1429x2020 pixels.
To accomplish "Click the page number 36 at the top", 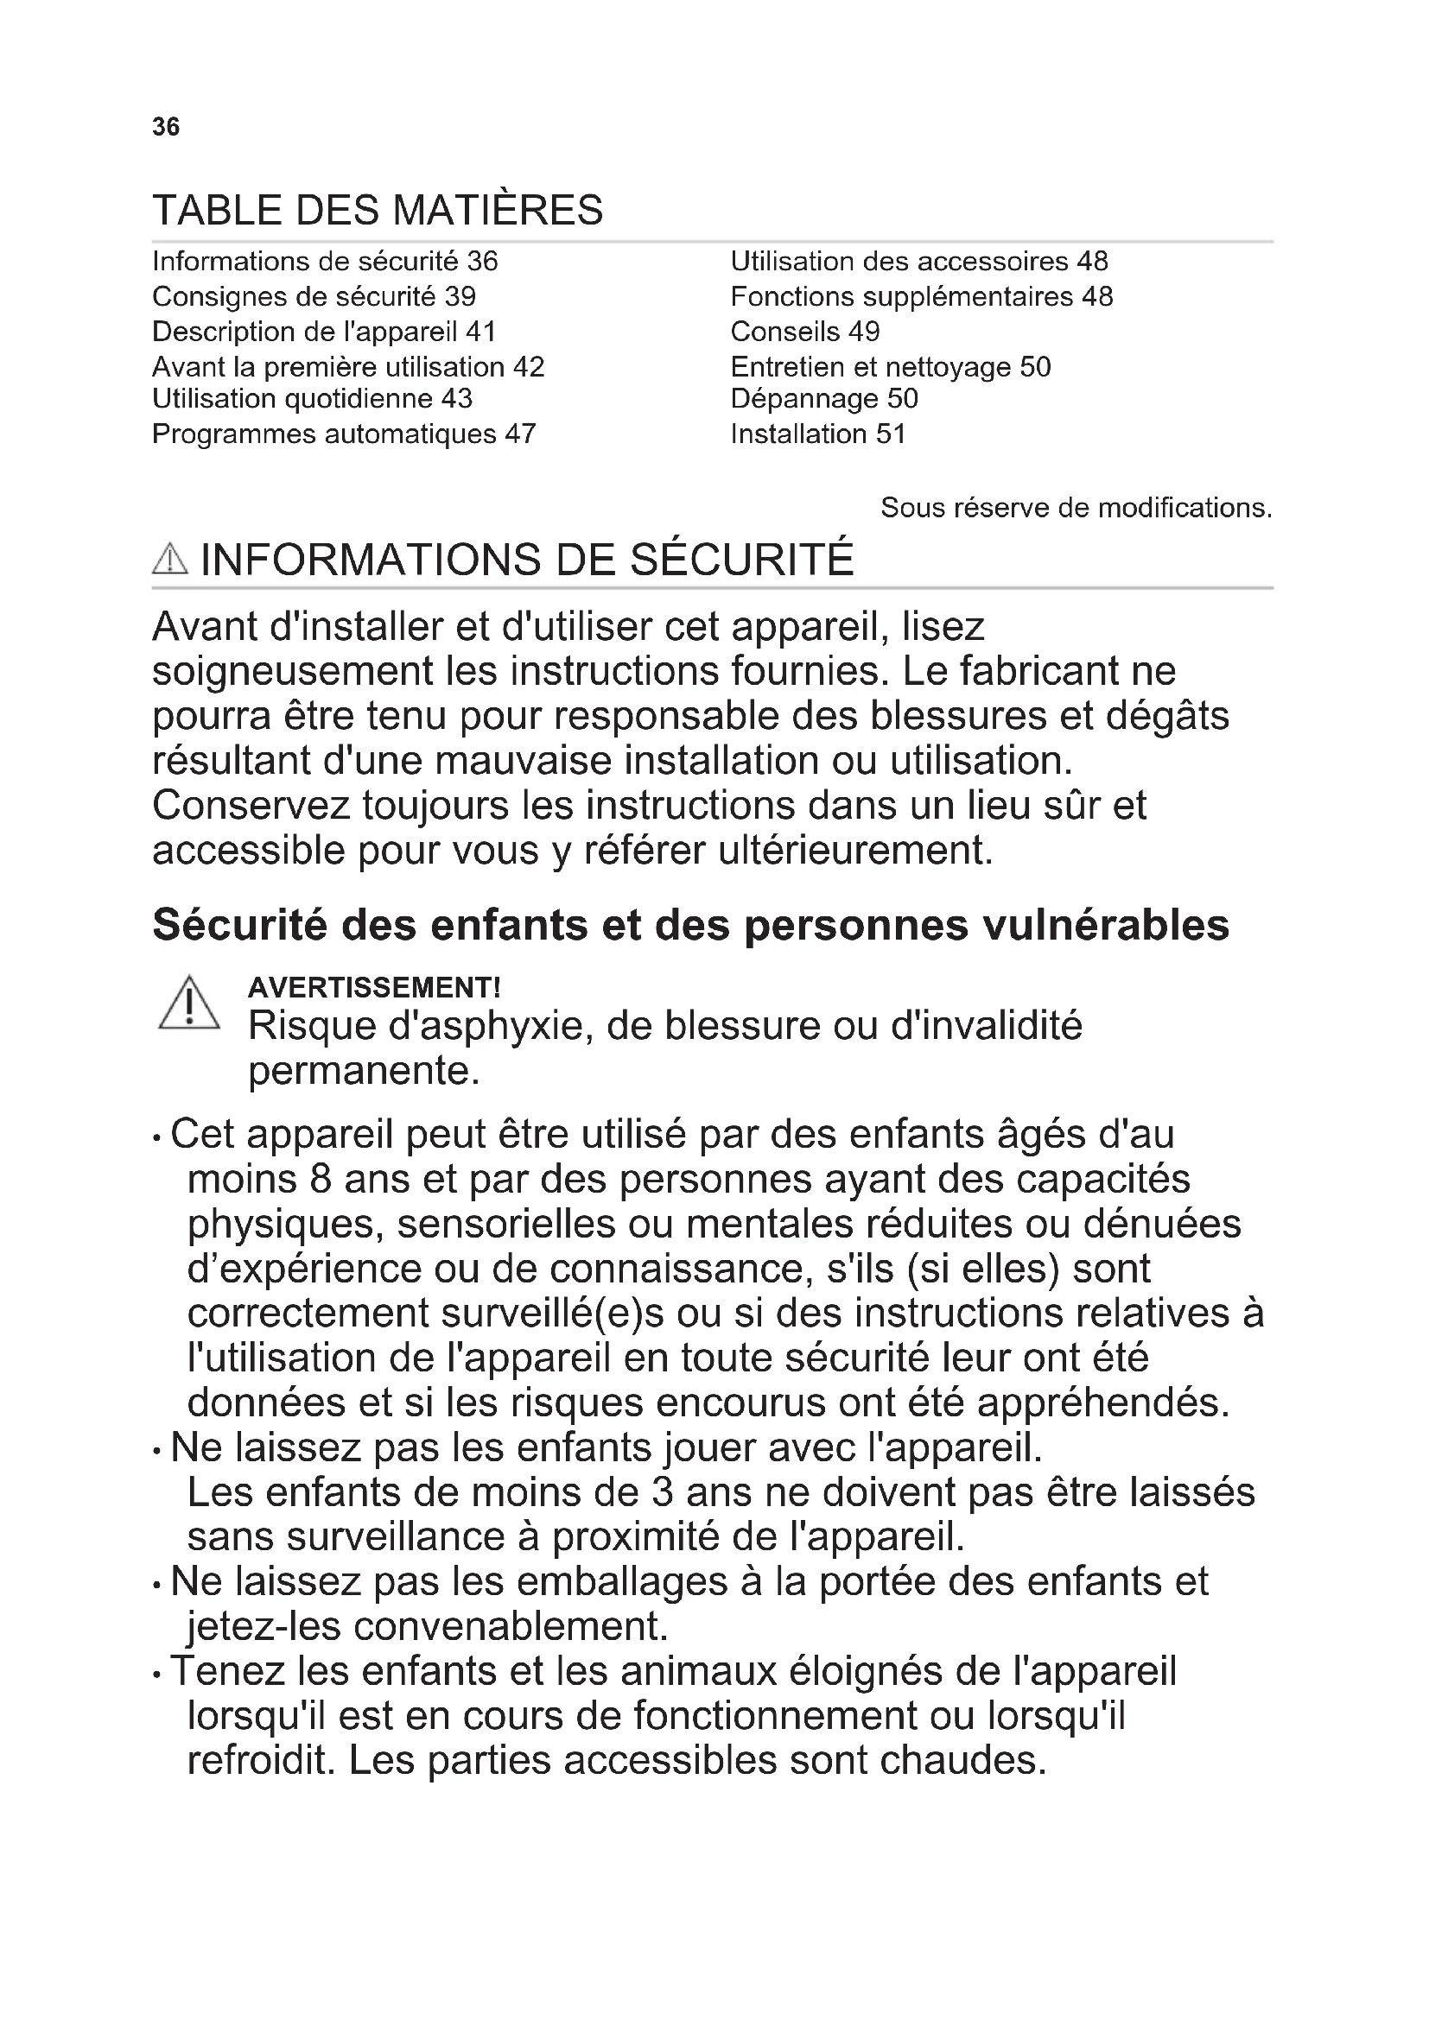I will [165, 127].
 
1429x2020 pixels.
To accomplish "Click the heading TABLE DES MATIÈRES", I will [378, 210].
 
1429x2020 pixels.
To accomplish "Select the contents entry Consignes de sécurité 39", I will [314, 296].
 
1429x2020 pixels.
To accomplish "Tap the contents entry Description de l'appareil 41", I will [324, 332].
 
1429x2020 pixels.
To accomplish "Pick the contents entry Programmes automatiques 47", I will [344, 434].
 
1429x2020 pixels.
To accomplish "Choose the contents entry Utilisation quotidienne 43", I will [313, 398].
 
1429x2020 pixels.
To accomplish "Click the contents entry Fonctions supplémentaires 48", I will [921, 296].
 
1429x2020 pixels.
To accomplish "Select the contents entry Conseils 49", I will [805, 332].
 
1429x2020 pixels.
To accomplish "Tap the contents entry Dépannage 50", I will [824, 398].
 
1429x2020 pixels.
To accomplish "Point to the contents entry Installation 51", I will [818, 434].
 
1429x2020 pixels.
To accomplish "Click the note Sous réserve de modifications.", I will [1077, 508].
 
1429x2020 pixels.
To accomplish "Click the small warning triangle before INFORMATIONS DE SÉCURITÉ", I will [170, 560].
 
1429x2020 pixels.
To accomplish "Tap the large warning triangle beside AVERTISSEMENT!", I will [189, 1004].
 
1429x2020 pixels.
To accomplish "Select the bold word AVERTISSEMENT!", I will [374, 987].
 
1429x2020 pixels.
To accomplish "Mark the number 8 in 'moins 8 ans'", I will [321, 1179].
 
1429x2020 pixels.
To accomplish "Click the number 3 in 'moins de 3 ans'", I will [663, 1492].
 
